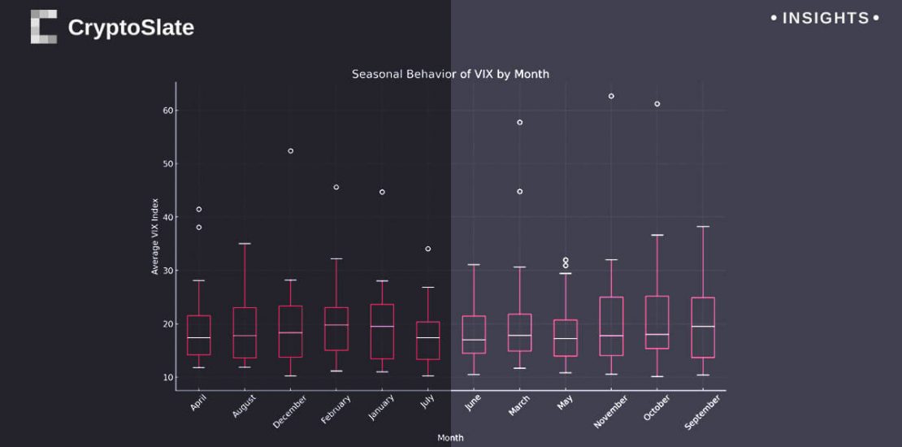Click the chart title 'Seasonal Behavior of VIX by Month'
pyautogui.click(x=450, y=74)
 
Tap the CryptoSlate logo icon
pyautogui.click(x=44, y=27)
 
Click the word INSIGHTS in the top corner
pyautogui.click(x=825, y=18)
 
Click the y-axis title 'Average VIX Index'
pyautogui.click(x=155, y=236)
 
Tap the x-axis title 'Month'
pyautogui.click(x=450, y=438)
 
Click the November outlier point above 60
pyautogui.click(x=611, y=96)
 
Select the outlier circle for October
pyautogui.click(x=657, y=104)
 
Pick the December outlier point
pyautogui.click(x=290, y=151)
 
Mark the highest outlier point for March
pyautogui.click(x=519, y=123)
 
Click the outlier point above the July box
pyautogui.click(x=427, y=249)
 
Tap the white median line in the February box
pyautogui.click(x=336, y=325)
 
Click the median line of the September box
pyautogui.click(x=703, y=327)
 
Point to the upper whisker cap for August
pyautogui.click(x=245, y=244)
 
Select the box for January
pyautogui.click(x=382, y=332)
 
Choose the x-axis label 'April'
pyautogui.click(x=198, y=402)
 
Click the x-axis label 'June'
pyautogui.click(x=473, y=402)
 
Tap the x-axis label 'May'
pyautogui.click(x=566, y=401)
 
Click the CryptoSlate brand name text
pyautogui.click(x=131, y=28)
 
